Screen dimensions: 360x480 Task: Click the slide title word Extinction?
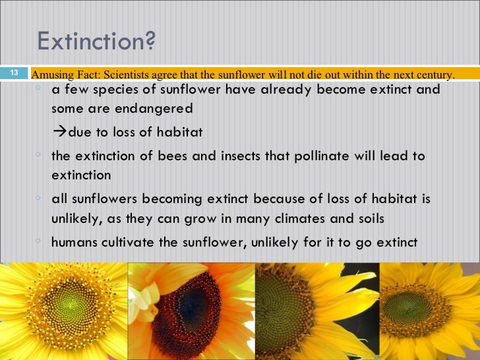tap(96, 42)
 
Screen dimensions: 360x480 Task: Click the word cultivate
tap(129, 242)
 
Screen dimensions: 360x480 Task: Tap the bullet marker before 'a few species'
tap(40, 88)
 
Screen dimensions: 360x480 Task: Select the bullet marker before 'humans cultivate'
tap(40, 241)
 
